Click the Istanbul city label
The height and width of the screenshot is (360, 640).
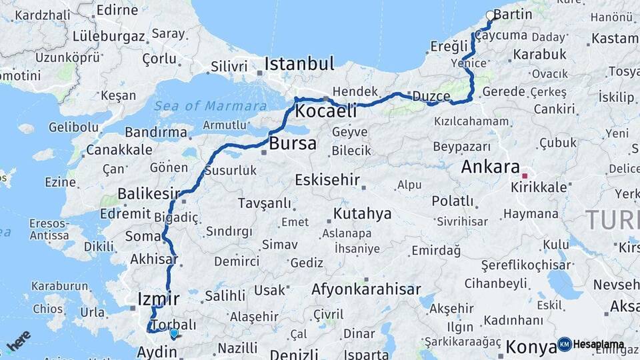point(299,64)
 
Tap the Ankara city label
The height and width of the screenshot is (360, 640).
point(490,167)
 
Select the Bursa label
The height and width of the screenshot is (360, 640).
point(293,143)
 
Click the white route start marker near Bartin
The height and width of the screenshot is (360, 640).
point(491,15)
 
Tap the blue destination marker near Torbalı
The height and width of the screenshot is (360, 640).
point(174,333)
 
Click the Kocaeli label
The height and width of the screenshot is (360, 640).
point(326,111)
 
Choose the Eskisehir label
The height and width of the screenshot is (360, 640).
point(327,180)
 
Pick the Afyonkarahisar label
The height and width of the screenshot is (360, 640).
point(366,289)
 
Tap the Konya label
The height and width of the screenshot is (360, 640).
point(531,347)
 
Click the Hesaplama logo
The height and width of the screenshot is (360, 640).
point(591,344)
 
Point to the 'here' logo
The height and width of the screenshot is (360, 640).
point(19,341)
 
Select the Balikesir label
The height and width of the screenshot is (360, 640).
point(149,194)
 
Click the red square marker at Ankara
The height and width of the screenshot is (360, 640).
point(525,176)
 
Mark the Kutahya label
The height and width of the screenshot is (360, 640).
point(362,214)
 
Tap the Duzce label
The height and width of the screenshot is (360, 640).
point(431,96)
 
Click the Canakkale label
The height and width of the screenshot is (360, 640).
point(119,149)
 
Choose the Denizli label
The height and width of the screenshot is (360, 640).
point(294,354)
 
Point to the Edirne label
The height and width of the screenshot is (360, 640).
point(117,10)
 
